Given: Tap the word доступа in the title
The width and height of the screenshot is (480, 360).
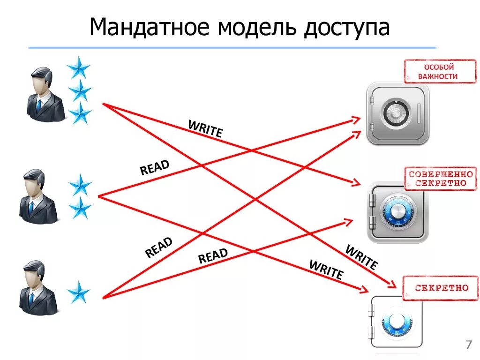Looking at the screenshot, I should click(x=348, y=28).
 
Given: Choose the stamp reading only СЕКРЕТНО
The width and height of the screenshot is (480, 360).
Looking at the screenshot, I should click(x=441, y=287).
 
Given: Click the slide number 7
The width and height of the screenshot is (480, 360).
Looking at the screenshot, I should click(x=468, y=345).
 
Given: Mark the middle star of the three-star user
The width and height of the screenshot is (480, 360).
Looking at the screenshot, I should click(x=80, y=90).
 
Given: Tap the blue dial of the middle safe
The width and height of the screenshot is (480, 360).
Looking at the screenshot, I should click(x=397, y=211).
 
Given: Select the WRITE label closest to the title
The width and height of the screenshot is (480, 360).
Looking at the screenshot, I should click(x=205, y=129).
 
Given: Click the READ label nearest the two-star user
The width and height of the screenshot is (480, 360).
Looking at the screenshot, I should click(x=155, y=168).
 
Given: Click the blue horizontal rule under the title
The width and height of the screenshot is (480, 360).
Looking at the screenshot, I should click(x=232, y=47).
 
